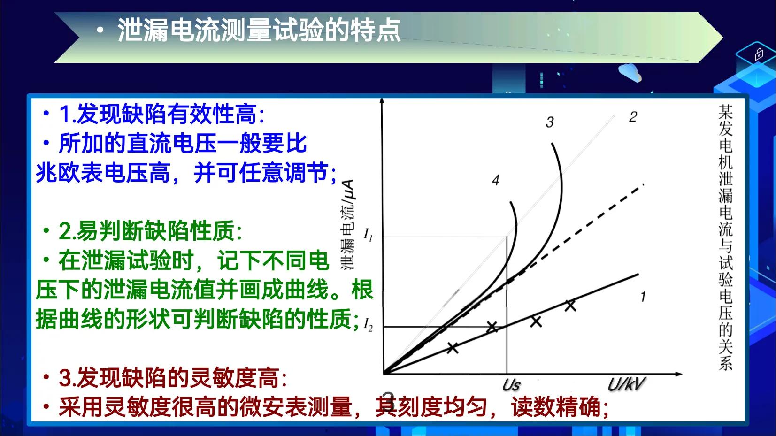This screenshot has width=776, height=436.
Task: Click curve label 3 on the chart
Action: (x=550, y=122)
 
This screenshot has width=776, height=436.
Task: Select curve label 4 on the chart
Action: (x=496, y=180)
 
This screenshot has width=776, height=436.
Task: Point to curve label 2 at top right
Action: (x=633, y=117)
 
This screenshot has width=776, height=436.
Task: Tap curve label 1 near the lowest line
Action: (x=643, y=296)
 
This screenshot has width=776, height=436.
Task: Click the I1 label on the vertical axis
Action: (x=369, y=235)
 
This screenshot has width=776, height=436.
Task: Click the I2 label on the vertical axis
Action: (x=369, y=325)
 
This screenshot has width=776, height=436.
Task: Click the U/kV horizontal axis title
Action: (x=626, y=385)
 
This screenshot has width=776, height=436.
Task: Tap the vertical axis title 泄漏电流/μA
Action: (x=347, y=224)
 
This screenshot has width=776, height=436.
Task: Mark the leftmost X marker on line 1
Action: (x=452, y=348)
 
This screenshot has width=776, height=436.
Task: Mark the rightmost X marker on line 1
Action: (x=570, y=306)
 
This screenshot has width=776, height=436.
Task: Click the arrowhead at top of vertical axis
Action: (x=382, y=101)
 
